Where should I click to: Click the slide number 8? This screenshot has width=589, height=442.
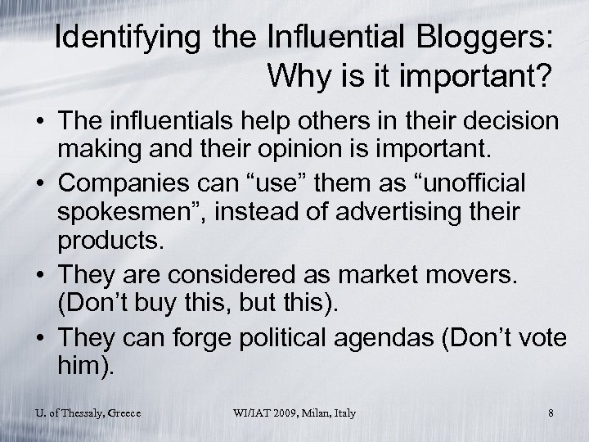coord(551,414)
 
